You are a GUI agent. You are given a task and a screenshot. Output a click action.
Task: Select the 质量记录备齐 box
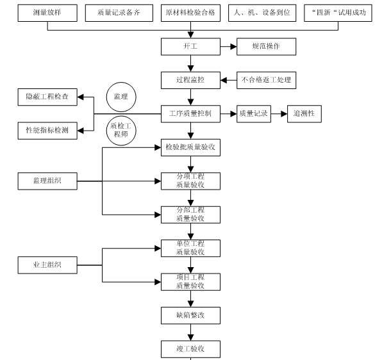pos(117,13)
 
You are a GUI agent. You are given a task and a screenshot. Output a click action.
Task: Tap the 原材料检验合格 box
pos(190,13)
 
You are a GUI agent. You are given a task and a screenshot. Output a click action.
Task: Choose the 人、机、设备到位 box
pos(263,13)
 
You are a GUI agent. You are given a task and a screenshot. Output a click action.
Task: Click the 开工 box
pos(190,47)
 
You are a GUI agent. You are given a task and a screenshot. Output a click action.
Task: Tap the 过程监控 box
pos(190,80)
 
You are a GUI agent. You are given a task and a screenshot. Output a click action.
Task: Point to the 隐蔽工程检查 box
pos(48,97)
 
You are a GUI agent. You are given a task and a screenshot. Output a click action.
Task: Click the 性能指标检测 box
pos(48,131)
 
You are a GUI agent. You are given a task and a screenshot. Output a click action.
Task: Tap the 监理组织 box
pos(48,181)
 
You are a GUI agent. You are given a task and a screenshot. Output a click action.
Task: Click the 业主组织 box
pos(48,265)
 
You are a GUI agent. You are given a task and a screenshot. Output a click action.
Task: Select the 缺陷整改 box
pos(190,315)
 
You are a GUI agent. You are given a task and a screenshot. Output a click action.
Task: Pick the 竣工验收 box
pos(190,348)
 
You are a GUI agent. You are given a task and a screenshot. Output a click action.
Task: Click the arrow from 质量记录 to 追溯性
pos(279,114)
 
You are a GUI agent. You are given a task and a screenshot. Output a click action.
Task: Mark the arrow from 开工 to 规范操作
pos(228,47)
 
